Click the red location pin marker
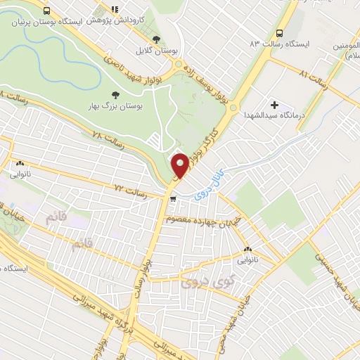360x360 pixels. click(x=180, y=166)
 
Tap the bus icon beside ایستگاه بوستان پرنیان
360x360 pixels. click(x=46, y=11)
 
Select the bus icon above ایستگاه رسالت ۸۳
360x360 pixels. click(x=280, y=33)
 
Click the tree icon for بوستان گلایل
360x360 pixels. click(x=156, y=39)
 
